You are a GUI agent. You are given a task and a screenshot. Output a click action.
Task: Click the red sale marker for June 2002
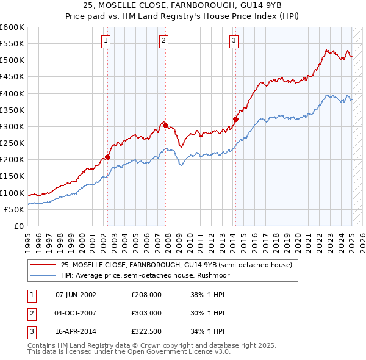(108, 157)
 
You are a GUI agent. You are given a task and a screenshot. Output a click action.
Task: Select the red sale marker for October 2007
(165, 125)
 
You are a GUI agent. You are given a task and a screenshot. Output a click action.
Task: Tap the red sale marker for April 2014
(235, 119)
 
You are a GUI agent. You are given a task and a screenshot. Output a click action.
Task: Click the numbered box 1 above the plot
(106, 41)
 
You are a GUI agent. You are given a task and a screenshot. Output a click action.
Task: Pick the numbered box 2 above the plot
(164, 41)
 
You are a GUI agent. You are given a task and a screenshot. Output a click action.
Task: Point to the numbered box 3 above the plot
(234, 41)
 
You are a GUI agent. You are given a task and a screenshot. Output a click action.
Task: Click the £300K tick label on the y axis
(12, 126)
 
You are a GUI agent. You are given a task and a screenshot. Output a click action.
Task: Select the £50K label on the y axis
(14, 209)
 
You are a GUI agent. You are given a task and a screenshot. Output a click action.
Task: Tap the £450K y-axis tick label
(12, 77)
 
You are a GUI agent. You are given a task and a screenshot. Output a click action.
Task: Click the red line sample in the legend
(43, 265)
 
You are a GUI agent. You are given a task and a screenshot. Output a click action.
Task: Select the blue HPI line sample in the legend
(43, 275)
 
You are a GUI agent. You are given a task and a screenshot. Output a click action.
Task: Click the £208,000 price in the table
(146, 295)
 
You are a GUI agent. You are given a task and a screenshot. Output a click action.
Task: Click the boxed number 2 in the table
(30, 313)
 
